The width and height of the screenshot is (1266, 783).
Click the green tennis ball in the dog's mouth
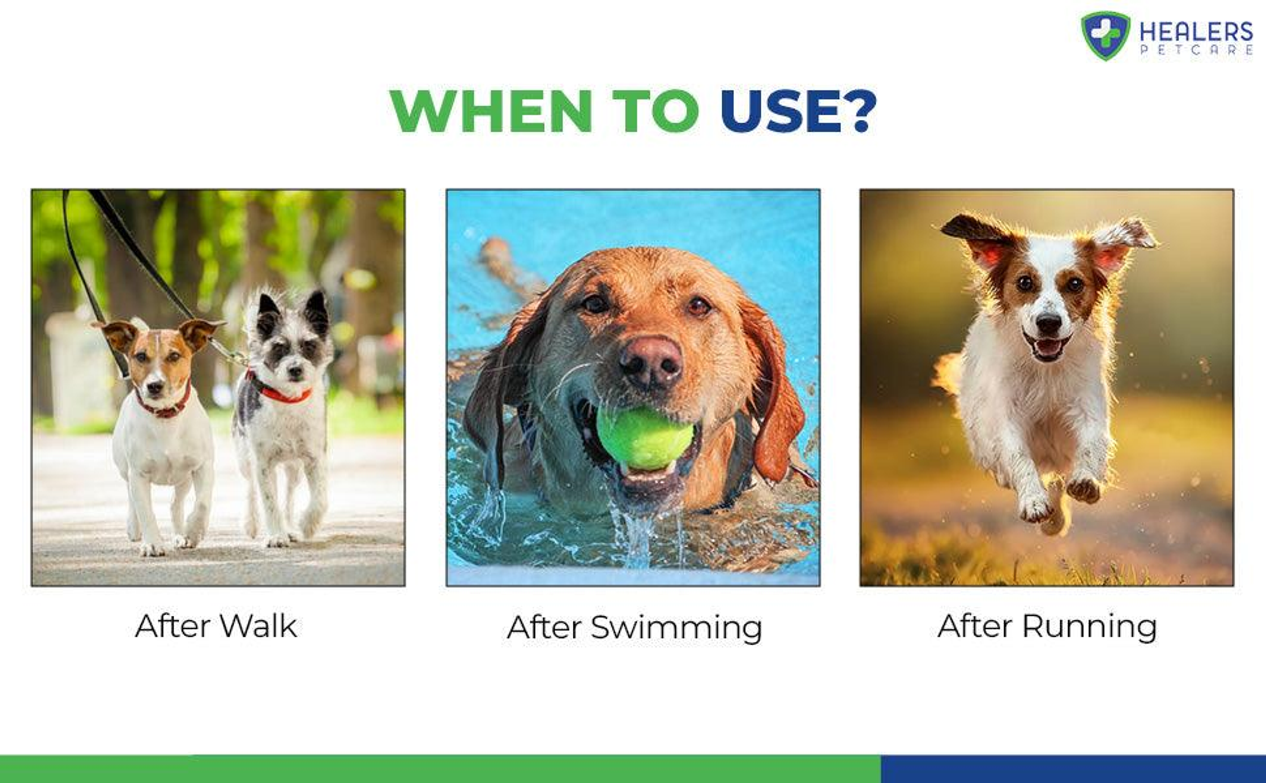point(645,438)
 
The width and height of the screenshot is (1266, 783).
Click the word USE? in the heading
point(798,111)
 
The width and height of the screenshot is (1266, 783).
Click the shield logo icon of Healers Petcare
point(1106,35)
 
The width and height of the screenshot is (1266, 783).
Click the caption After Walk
point(216,626)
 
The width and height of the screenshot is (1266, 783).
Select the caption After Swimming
point(634,628)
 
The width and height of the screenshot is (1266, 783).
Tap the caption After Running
point(1047,627)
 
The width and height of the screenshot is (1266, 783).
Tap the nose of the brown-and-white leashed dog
point(155,387)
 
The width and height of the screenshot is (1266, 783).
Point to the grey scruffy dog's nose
point(295,371)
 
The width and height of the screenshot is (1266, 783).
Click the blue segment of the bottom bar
point(1073,769)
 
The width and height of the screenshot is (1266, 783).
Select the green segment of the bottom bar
point(440,769)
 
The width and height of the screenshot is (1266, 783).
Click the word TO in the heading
point(656,111)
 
